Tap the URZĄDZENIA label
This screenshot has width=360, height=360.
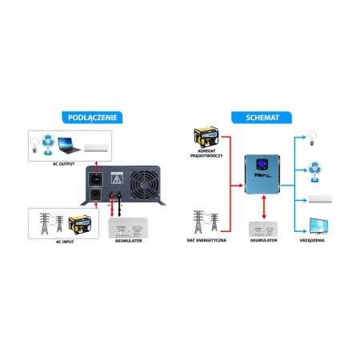(318, 240)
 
